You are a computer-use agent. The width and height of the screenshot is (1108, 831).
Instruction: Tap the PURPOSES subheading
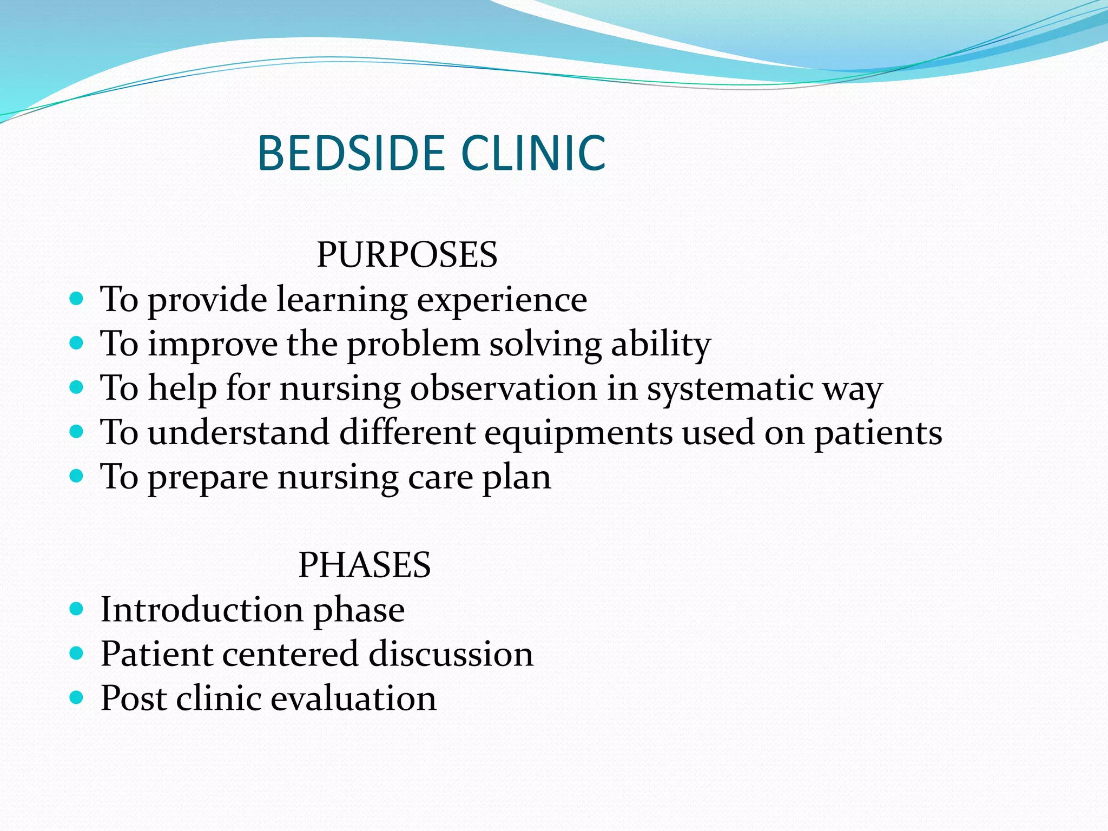[x=407, y=254]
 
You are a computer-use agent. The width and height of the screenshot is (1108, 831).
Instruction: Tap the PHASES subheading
[x=365, y=565]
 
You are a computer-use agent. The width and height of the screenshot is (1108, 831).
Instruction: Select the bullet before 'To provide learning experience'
[x=77, y=298]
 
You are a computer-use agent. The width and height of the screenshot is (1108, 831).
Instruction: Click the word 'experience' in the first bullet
[x=502, y=300]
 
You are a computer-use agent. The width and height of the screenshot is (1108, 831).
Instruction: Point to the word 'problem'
[x=413, y=344]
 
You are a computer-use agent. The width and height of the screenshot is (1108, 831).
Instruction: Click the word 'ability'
[x=661, y=345]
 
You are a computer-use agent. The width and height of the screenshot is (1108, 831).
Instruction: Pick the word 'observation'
[x=503, y=388]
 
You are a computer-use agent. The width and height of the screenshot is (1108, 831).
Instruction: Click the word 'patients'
[x=878, y=433]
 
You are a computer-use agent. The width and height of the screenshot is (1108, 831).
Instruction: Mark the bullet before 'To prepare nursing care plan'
[x=77, y=476]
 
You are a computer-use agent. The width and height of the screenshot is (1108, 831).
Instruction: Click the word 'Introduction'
[x=202, y=610]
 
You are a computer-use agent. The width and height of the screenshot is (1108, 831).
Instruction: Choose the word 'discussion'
[x=451, y=654]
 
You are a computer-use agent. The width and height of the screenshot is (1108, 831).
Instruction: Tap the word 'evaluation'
[x=353, y=698]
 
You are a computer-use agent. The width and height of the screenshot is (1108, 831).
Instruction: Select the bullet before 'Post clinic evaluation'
[x=77, y=697]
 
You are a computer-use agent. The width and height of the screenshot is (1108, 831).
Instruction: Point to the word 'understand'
[x=238, y=433]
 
